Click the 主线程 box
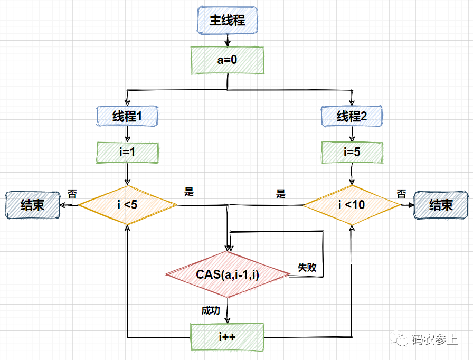click(227, 20)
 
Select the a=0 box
click(227, 60)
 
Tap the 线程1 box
click(127, 116)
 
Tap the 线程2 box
click(352, 116)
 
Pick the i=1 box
click(127, 153)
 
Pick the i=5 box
click(352, 153)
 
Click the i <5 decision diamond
click(127, 205)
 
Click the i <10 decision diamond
click(352, 205)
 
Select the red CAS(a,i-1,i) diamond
click(228, 274)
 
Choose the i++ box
click(227, 336)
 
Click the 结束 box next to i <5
click(32, 205)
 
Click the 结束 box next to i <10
click(441, 205)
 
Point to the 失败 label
click(307, 268)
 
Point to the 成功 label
click(210, 310)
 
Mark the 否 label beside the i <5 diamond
click(72, 193)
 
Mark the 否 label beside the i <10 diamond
click(401, 193)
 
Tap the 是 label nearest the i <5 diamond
click(189, 192)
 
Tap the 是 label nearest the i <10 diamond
click(280, 194)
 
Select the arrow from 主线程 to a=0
click(227, 40)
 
